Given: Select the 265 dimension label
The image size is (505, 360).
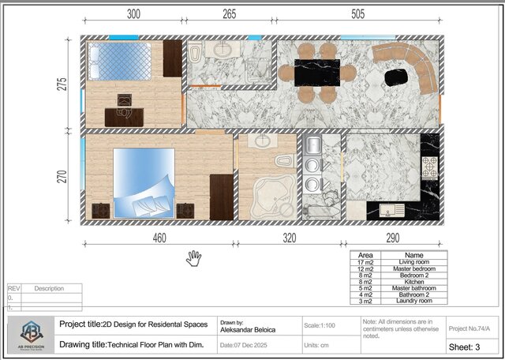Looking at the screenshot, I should point(229,14).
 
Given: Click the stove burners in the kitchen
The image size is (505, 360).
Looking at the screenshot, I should point(431,167).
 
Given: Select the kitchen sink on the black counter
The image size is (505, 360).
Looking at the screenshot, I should point(391,211).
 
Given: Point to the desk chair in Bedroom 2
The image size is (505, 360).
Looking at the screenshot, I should point(124,100).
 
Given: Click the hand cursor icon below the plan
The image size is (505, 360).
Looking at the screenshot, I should point(193,258).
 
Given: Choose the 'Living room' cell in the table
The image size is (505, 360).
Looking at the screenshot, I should point(413,262).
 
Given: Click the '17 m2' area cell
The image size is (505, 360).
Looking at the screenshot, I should point(365,262).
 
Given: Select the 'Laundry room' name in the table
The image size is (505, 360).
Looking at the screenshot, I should point(413,301).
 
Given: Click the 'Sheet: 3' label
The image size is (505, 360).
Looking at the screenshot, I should point(469,346).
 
